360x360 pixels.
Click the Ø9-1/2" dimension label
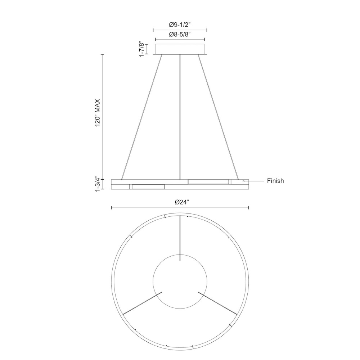click(x=180, y=24)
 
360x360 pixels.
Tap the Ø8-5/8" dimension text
click(x=180, y=35)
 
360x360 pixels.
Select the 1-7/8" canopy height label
click(x=142, y=49)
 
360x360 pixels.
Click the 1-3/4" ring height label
click(x=98, y=184)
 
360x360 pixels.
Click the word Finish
click(x=275, y=181)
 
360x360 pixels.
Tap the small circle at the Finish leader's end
click(x=244, y=181)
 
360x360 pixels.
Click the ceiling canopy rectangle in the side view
click(x=180, y=49)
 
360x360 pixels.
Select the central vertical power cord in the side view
click(x=180, y=117)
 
